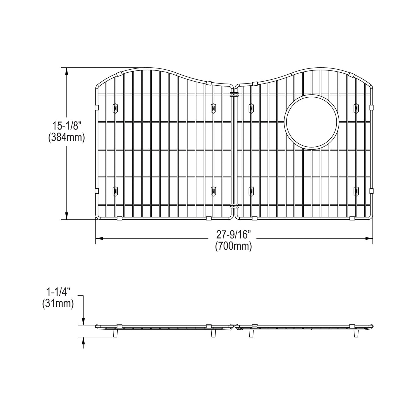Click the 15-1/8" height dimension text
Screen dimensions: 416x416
click(x=66, y=126)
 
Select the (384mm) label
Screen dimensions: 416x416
click(x=66, y=138)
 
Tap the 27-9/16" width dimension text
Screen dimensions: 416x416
click(x=234, y=235)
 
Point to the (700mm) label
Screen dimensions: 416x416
click(x=234, y=246)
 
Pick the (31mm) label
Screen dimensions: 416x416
click(x=58, y=304)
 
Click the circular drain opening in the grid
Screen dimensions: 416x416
click(x=311, y=122)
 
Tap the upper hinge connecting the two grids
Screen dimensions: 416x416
click(x=234, y=94)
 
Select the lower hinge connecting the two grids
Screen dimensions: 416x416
click(x=234, y=206)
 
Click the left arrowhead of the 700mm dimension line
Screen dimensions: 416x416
click(x=99, y=238)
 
